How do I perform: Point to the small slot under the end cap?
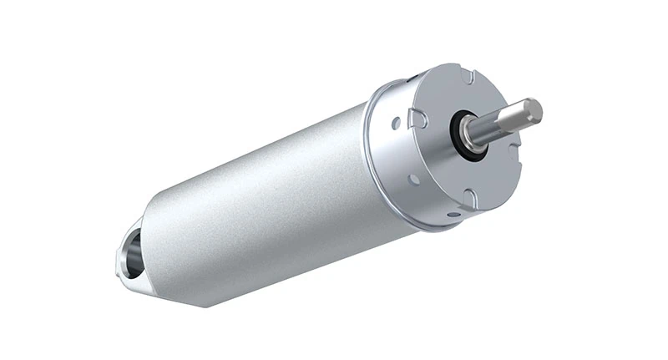(452, 215)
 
